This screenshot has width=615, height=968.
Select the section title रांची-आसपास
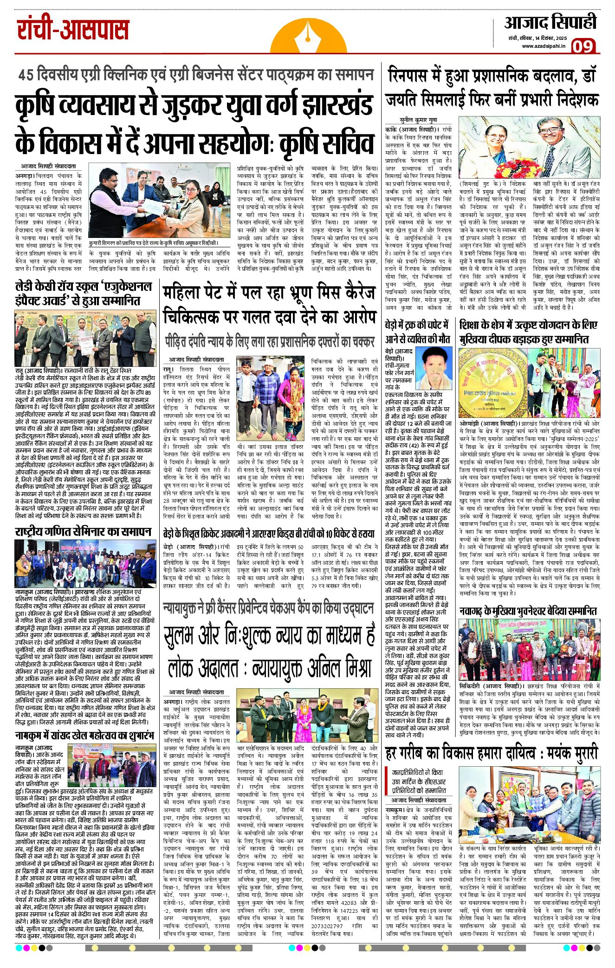click(73, 29)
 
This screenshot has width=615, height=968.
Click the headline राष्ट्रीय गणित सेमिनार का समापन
click(83, 532)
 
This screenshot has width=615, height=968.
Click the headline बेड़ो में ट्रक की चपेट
click(417, 332)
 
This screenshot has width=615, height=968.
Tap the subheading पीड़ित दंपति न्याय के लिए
click(269, 342)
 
